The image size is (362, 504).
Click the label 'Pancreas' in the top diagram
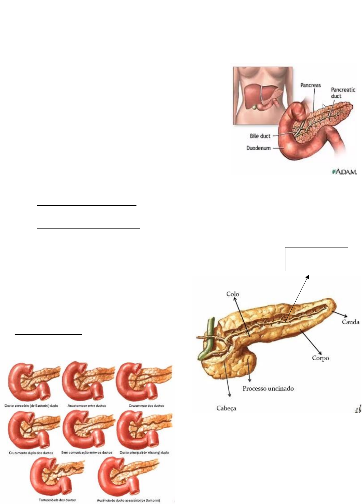tap(310, 85)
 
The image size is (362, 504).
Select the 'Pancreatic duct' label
tap(343, 93)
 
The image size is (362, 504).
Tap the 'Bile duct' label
tap(260, 136)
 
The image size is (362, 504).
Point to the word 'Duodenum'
tap(258, 148)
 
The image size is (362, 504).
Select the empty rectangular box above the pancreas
tap(316, 259)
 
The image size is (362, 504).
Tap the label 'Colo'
tap(233, 294)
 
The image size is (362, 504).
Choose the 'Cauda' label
tap(350, 322)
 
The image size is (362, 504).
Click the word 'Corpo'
tap(321, 358)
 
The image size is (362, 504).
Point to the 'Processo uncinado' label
tap(268, 388)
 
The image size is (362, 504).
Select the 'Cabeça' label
tap(226, 408)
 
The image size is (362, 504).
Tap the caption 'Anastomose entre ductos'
tap(87, 406)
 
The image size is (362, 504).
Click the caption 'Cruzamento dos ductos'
tap(146, 406)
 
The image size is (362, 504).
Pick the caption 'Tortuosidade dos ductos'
tap(57, 500)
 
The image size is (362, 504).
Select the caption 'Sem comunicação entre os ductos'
tap(87, 452)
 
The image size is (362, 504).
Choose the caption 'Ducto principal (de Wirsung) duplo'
tap(144, 452)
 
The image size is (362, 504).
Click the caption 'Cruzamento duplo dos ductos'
tap(31, 453)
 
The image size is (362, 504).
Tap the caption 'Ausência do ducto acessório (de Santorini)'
tap(128, 500)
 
